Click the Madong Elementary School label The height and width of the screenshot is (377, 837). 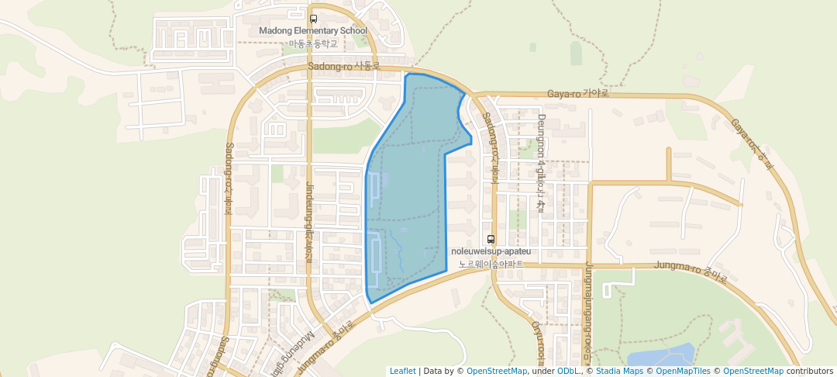pos(312,31)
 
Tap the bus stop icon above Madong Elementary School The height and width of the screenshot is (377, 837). pos(313,19)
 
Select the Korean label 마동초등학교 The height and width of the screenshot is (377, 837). pos(313,43)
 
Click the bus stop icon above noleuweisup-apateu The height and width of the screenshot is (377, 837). pos(491,239)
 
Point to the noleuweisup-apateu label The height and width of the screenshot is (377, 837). pos(491,251)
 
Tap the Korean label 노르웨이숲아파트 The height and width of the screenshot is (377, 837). pos(491,264)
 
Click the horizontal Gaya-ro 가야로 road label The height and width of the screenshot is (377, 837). pos(578,94)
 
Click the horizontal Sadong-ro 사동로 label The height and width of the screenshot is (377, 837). pos(343,67)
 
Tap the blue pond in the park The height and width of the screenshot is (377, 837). pos(659,355)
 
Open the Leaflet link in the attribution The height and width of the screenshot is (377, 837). pos(402,371)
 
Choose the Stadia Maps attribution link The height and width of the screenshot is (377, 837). pos(618,371)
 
